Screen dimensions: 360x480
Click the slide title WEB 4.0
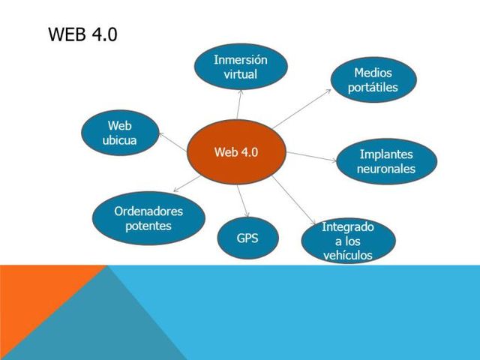tap(82, 34)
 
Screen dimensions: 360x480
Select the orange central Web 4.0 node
tap(235, 152)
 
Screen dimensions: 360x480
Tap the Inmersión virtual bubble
tap(240, 67)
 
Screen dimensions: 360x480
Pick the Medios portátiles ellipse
tap(373, 80)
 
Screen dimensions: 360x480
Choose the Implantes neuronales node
tap(386, 161)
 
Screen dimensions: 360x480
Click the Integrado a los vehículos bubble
tap(348, 241)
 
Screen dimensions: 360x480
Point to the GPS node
tap(247, 238)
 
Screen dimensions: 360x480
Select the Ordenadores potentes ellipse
tap(148, 218)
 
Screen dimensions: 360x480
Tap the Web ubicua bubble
tap(120, 133)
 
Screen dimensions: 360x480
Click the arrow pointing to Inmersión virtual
tap(238, 107)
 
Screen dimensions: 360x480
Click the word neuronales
tap(386, 169)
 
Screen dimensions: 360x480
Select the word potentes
tap(148, 226)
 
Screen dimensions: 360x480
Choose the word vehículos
tap(348, 255)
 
